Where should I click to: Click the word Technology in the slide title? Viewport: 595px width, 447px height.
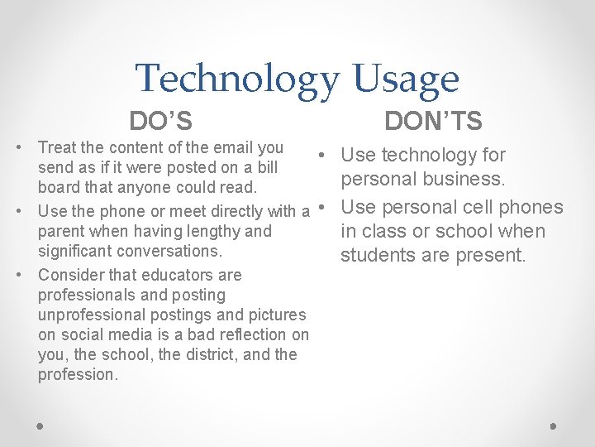click(x=237, y=79)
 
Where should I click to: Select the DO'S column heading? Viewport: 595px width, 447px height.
click(x=161, y=122)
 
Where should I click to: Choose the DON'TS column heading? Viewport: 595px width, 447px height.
click(x=433, y=122)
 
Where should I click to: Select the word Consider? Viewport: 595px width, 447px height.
click(x=69, y=275)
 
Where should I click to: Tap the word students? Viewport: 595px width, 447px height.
click(x=381, y=255)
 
